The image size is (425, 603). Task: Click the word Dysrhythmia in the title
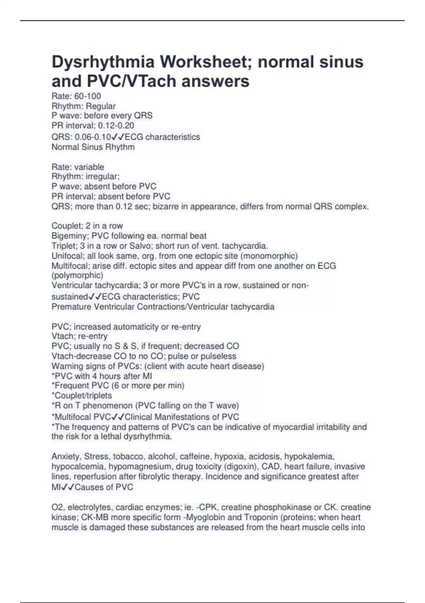[103, 62]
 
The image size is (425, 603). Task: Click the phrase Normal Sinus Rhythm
[93, 147]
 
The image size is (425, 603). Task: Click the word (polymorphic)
[77, 275]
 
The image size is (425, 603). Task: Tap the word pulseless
[218, 356]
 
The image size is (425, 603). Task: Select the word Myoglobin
[205, 518]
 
